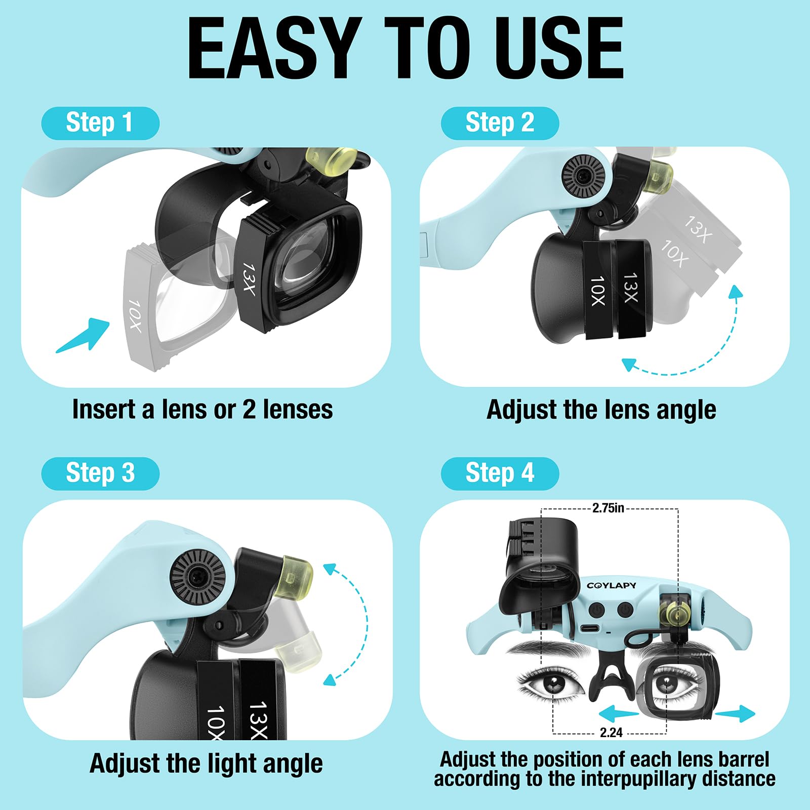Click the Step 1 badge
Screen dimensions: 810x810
click(x=100, y=123)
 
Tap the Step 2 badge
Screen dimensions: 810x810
click(x=500, y=123)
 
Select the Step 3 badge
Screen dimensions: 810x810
click(x=100, y=473)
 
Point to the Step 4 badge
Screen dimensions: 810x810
click(x=500, y=473)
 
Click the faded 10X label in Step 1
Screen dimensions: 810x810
click(x=134, y=315)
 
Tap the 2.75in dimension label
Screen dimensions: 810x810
click(x=608, y=508)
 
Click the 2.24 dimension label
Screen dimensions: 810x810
click(x=611, y=733)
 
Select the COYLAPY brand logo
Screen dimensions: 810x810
click(x=612, y=586)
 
